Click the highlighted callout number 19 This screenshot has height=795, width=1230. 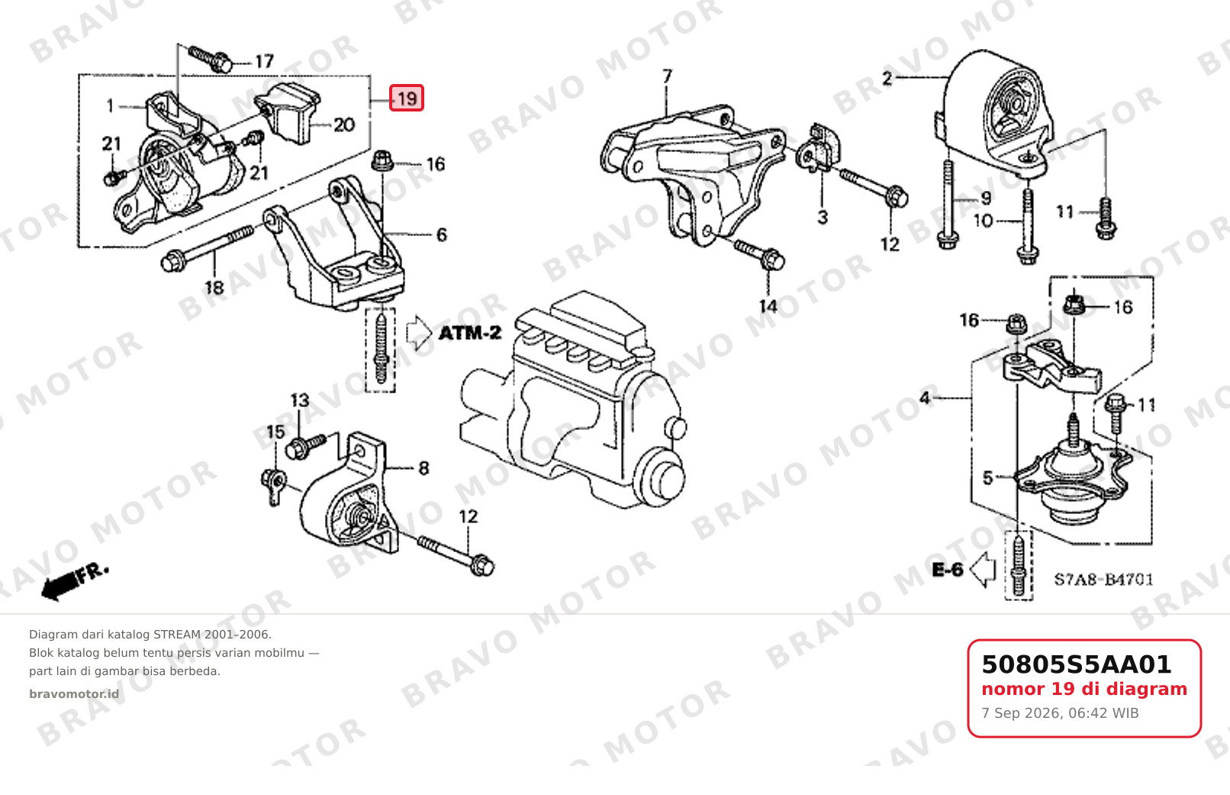tap(407, 98)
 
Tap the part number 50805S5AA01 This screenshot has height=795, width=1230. tap(1076, 664)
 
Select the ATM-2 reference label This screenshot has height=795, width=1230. tap(470, 333)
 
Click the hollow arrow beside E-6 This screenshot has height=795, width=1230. tap(983, 570)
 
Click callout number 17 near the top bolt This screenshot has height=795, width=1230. tap(264, 61)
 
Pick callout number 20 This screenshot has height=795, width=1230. tap(344, 124)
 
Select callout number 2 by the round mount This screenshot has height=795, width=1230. tap(887, 79)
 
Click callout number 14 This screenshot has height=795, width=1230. tap(768, 306)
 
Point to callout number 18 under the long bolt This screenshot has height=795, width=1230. tap(214, 287)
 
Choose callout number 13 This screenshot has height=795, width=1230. tap(300, 400)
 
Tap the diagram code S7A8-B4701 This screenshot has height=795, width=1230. tap(1103, 580)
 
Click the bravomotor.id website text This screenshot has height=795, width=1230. tap(74, 694)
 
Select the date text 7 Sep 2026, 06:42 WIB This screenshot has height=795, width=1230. tap(1060, 713)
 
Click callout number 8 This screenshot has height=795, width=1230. tap(423, 468)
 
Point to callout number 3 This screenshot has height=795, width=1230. tap(822, 217)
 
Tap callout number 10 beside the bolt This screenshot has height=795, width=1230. tap(983, 221)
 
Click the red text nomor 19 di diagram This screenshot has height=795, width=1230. tap(1084, 689)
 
